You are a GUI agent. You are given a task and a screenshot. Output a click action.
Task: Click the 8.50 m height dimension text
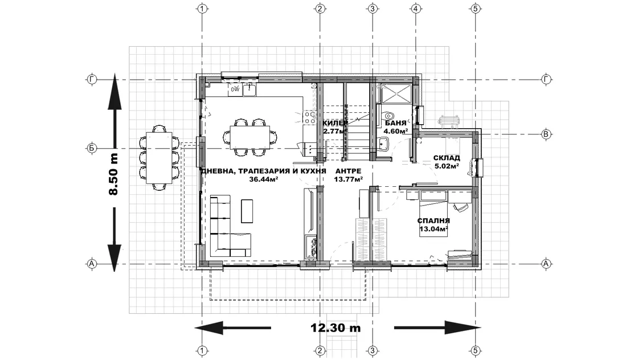click(x=114, y=174)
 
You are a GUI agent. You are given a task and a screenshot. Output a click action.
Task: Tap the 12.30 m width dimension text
click(x=336, y=328)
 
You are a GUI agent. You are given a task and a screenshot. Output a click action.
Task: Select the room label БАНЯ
click(x=395, y=122)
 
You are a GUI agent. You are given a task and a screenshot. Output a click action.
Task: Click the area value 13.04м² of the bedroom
click(x=433, y=228)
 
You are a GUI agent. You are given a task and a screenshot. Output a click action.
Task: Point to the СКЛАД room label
click(x=447, y=158)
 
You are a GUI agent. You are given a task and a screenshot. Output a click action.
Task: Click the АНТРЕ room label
click(x=348, y=171)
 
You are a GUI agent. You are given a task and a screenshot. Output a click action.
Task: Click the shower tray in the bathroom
click(x=396, y=93)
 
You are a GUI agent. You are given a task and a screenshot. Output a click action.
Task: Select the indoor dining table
click(x=250, y=137)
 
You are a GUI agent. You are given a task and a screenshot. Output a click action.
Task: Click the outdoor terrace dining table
click(x=159, y=157)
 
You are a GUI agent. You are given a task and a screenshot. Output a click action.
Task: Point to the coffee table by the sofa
click(x=247, y=211)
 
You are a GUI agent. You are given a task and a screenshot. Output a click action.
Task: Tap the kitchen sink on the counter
click(x=250, y=89)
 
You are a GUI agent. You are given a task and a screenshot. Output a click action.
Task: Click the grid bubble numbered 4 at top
click(x=415, y=8)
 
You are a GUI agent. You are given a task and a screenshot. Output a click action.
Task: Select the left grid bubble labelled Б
click(x=92, y=148)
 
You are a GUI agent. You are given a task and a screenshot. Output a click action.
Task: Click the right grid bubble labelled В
click(x=546, y=134)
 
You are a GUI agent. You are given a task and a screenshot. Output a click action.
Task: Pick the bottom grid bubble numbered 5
click(x=476, y=350)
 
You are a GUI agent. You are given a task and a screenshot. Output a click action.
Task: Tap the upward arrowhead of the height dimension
click(x=114, y=92)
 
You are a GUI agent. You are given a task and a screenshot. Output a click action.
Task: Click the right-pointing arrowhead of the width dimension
click(x=463, y=328)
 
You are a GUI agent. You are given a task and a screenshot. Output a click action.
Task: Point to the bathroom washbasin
click(x=383, y=144)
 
